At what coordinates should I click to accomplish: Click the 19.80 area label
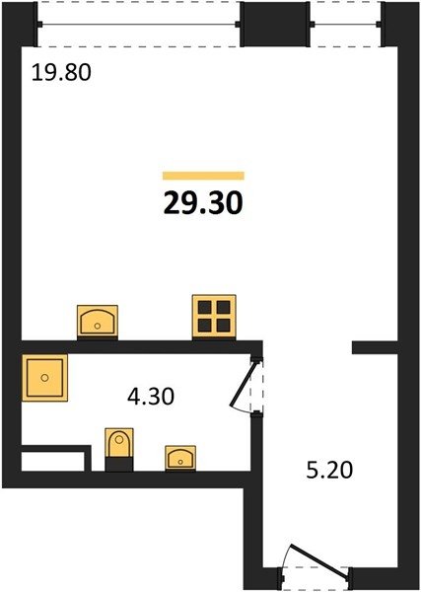61,72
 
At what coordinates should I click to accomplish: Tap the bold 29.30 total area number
203,203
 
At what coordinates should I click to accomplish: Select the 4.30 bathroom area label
151,397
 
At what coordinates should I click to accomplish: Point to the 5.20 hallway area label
329,470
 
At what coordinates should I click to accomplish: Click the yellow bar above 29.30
203,176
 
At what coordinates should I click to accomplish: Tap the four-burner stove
214,317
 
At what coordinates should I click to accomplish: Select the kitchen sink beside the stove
98,322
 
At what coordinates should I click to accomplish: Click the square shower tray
45,378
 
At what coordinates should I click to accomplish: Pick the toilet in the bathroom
119,449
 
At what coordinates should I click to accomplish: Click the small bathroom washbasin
180,458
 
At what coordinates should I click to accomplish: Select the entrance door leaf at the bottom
318,561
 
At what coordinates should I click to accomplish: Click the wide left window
138,25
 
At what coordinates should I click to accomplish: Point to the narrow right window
345,25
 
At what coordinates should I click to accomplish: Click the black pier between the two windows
275,24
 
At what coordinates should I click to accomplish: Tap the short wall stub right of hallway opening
375,347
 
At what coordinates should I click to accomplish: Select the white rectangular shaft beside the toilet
53,462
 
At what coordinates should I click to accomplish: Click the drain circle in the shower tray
45,378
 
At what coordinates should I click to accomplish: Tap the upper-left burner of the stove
204,307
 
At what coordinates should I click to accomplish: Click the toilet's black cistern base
119,464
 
